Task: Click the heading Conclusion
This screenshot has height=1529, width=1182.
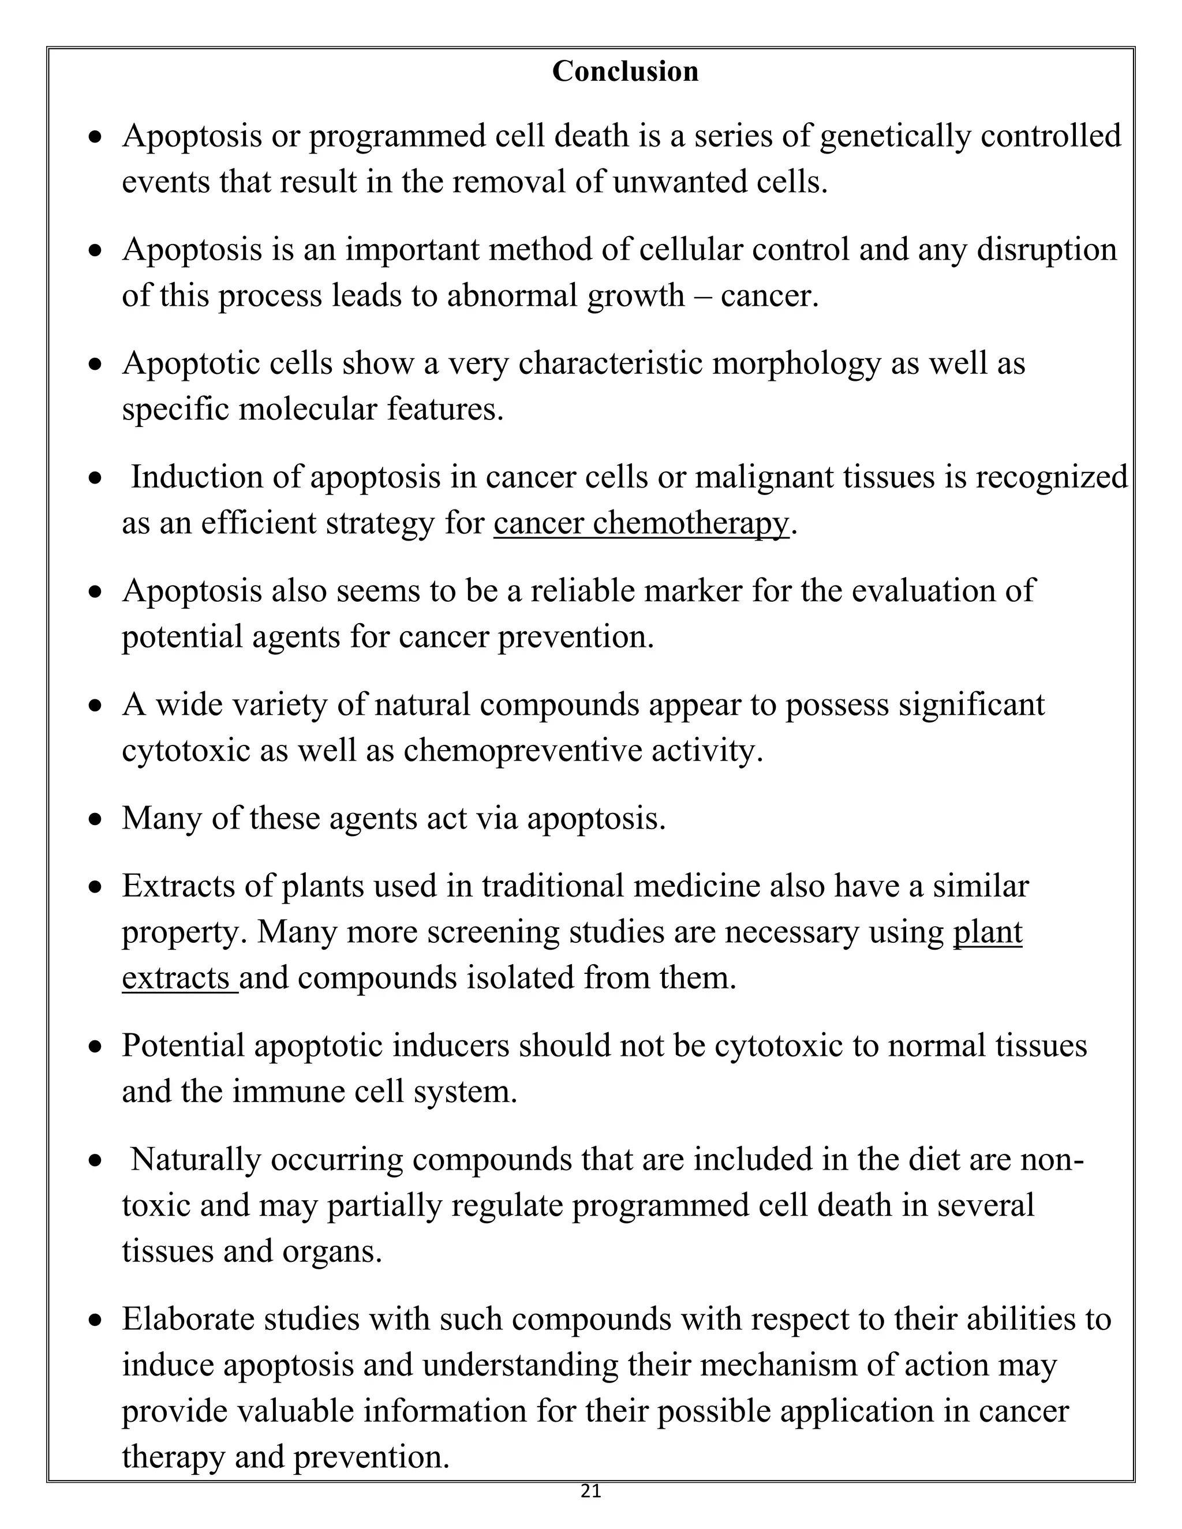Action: click(x=624, y=72)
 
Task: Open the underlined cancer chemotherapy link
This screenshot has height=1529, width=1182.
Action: click(x=641, y=523)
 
